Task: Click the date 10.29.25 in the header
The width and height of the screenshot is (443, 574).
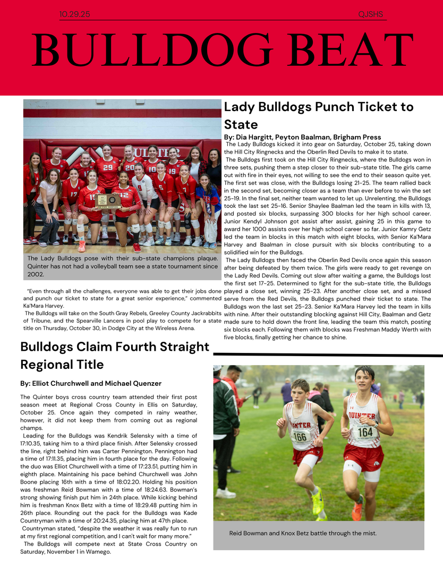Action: (75, 14)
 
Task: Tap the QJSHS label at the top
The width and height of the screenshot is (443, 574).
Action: (371, 14)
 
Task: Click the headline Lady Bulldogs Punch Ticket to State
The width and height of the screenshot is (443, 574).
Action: (319, 115)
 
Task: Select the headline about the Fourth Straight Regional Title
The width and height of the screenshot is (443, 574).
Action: (115, 356)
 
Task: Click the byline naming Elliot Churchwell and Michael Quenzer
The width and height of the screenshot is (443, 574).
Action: (91, 383)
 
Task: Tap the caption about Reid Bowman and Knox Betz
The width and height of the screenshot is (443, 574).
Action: (302, 533)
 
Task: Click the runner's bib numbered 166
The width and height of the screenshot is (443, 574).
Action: (301, 436)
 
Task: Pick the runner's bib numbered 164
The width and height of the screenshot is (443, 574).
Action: (365, 432)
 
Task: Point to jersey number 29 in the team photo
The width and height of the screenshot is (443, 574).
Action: (108, 167)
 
